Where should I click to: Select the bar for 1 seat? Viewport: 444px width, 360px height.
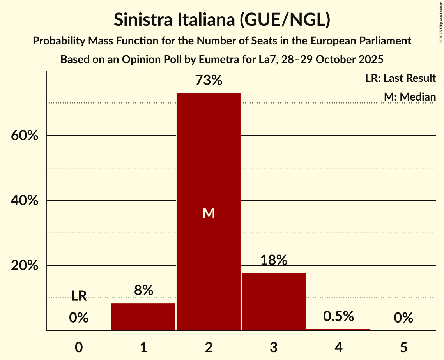tap(143, 316)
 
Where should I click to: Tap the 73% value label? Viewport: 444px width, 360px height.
tap(209, 81)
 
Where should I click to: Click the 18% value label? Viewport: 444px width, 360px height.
tap(274, 260)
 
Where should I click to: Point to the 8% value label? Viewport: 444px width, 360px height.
tap(143, 290)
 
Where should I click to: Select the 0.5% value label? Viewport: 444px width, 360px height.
tap(338, 316)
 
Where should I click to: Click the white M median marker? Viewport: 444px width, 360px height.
tap(209, 213)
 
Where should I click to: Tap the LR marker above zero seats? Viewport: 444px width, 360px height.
tap(79, 296)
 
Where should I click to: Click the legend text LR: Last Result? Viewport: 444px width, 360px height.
tap(400, 78)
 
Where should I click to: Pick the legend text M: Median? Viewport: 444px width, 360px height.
tap(410, 97)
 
